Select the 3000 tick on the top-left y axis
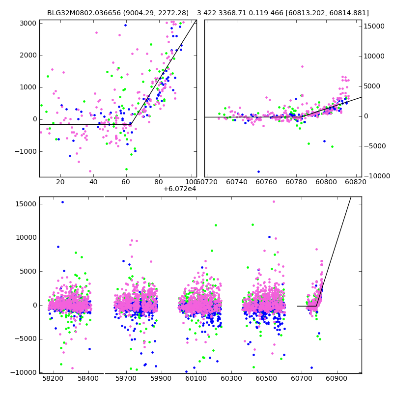[x=27, y=23]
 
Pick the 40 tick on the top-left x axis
[x=93, y=182]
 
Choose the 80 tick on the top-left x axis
[x=159, y=182]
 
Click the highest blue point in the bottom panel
[x=62, y=202]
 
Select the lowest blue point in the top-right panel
[x=258, y=171]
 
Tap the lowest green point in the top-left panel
[x=126, y=169]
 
